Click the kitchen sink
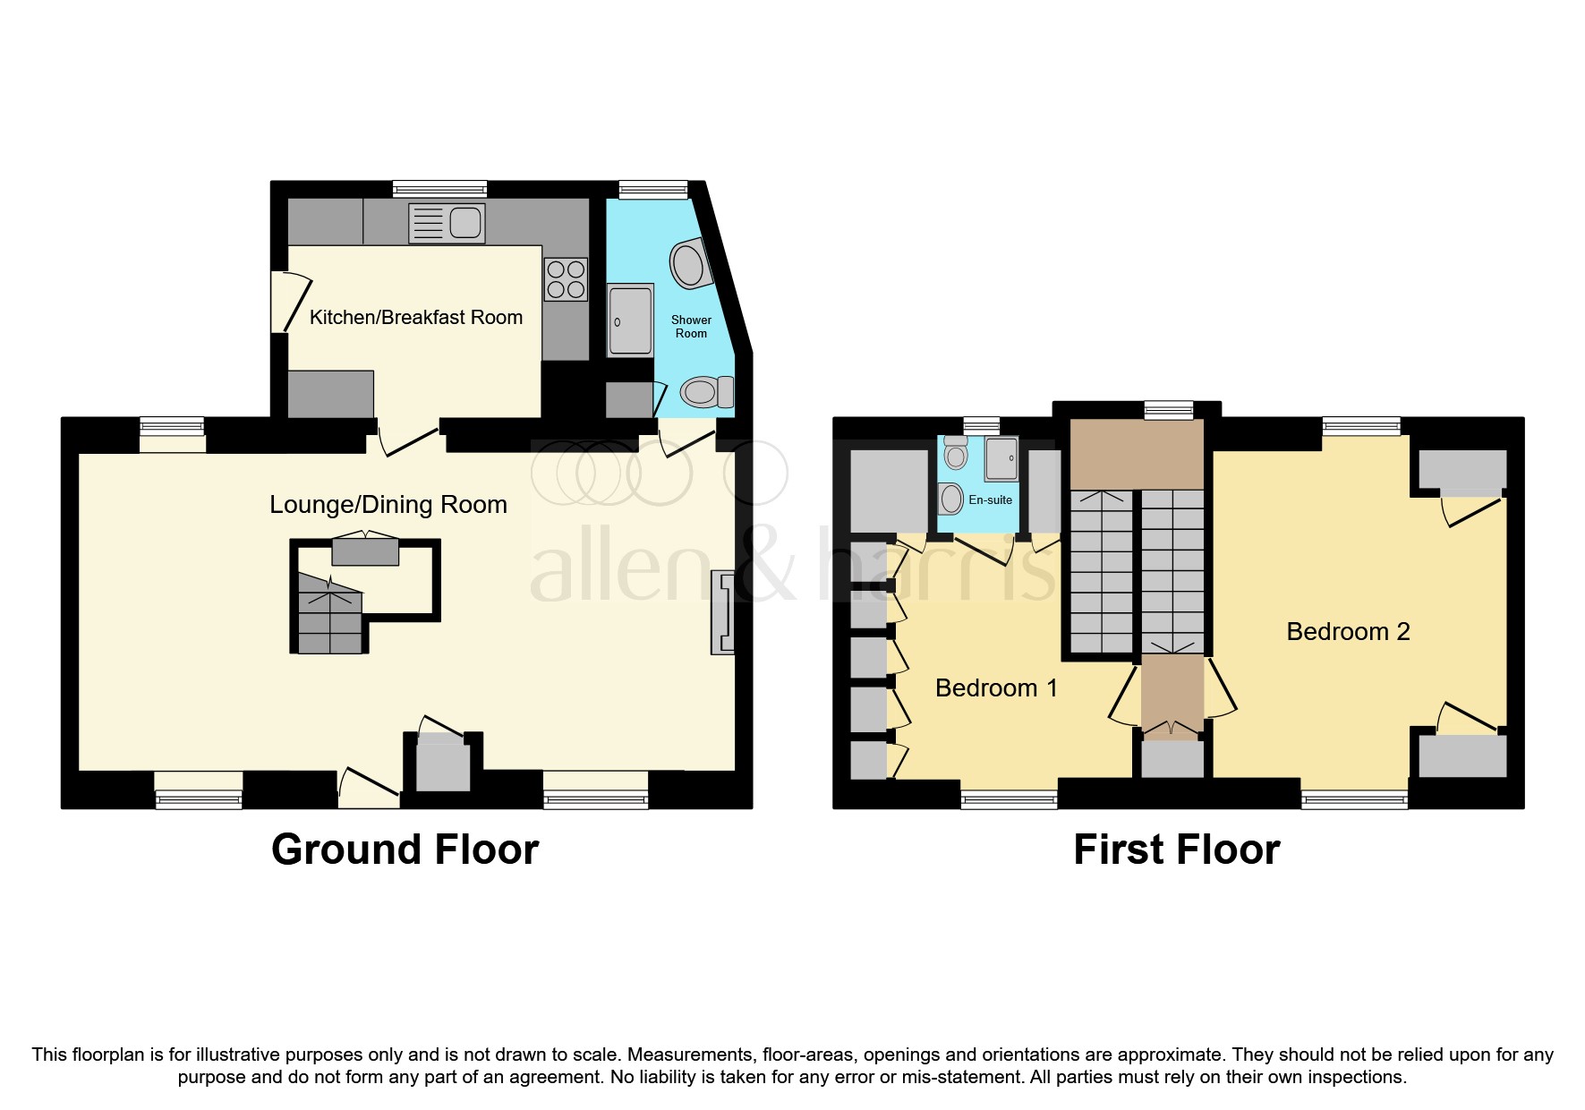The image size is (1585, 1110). (447, 223)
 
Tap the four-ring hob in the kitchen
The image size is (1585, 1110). (566, 278)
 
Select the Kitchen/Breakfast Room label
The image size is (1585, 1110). (415, 317)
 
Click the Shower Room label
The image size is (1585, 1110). (691, 326)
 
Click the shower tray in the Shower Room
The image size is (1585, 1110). (630, 320)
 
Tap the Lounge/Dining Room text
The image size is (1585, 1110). (388, 505)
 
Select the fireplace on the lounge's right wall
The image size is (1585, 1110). (723, 612)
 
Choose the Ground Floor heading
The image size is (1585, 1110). (405, 850)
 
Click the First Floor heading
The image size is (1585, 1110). (1176, 850)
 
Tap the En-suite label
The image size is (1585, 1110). (990, 499)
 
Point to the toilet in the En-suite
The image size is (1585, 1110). (956, 453)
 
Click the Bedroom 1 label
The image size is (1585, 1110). (995, 687)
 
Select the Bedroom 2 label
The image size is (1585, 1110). (1347, 631)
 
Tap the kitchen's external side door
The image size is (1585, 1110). (290, 303)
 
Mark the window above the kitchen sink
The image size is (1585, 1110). (439, 189)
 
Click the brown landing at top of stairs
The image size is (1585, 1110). (1137, 453)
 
